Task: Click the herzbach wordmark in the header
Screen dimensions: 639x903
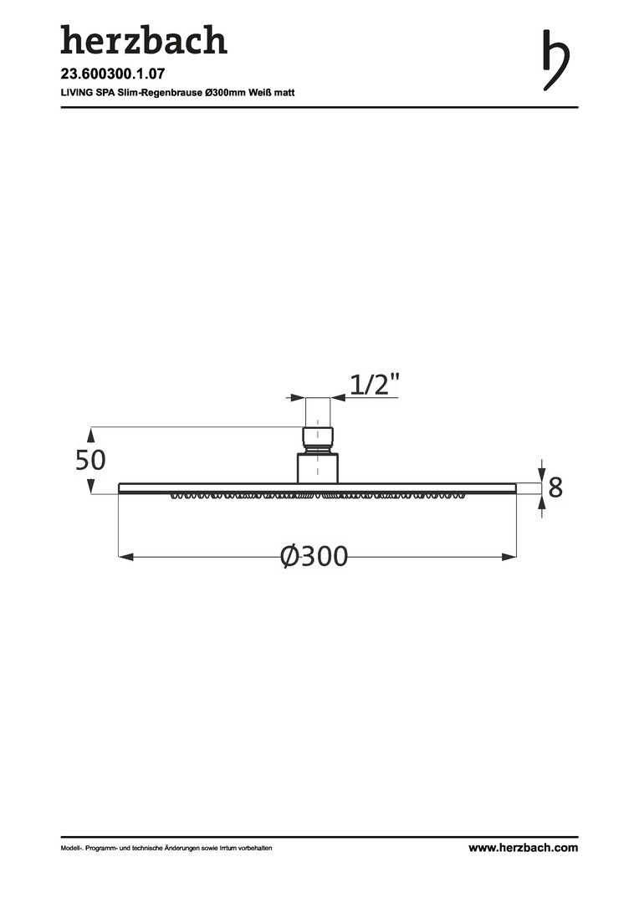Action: coord(144,40)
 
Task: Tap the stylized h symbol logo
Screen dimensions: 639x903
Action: coord(555,60)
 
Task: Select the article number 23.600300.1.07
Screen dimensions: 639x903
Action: coord(113,74)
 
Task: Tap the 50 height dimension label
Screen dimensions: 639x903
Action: coord(90,460)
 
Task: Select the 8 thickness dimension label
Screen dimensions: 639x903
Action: coord(555,487)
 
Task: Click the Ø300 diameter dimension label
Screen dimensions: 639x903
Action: coord(314,556)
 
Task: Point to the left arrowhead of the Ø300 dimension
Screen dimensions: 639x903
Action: coord(126,557)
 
